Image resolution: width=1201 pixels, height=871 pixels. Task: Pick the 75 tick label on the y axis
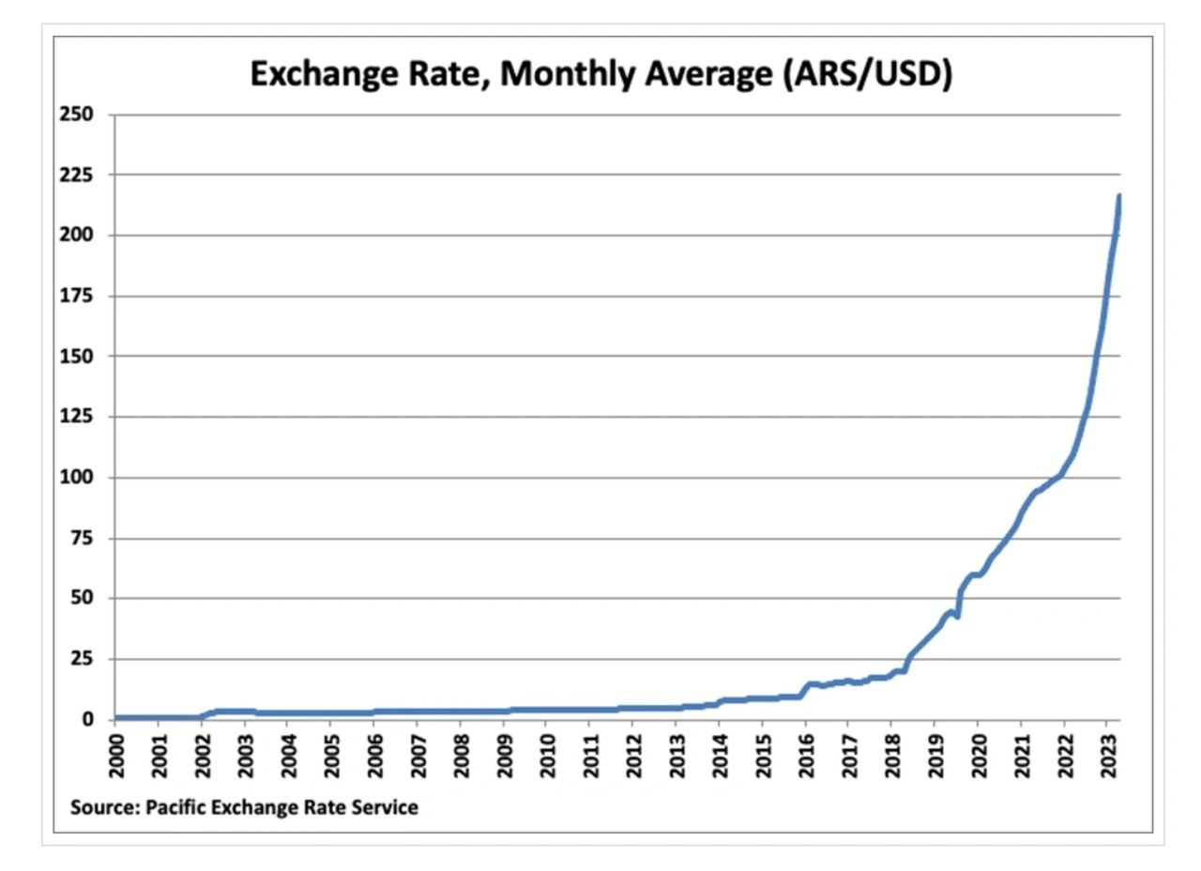[x=83, y=539]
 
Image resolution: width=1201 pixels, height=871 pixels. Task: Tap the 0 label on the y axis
[x=89, y=720]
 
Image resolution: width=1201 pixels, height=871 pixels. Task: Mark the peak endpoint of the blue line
[x=1118, y=196]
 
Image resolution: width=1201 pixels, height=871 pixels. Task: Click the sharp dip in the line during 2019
[x=956, y=617]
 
